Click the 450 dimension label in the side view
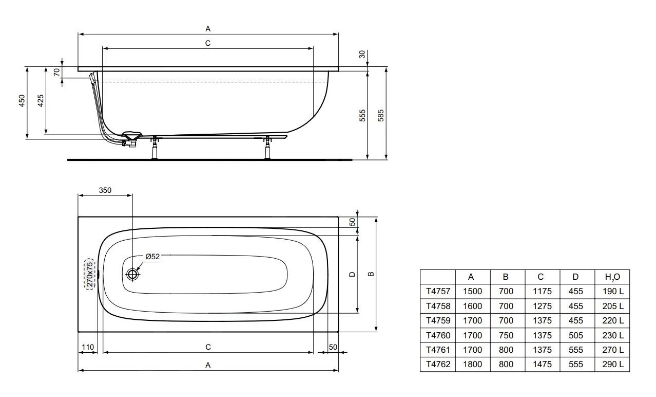[x=22, y=101]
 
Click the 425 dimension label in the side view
[x=41, y=101]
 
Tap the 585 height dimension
[x=380, y=116]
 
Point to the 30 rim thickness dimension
[x=362, y=55]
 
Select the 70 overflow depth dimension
[x=57, y=72]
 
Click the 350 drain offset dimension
[x=105, y=190]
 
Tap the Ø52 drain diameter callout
[x=152, y=257]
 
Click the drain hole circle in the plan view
[x=132, y=274]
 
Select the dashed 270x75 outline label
[x=90, y=274]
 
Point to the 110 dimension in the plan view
[x=88, y=347]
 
